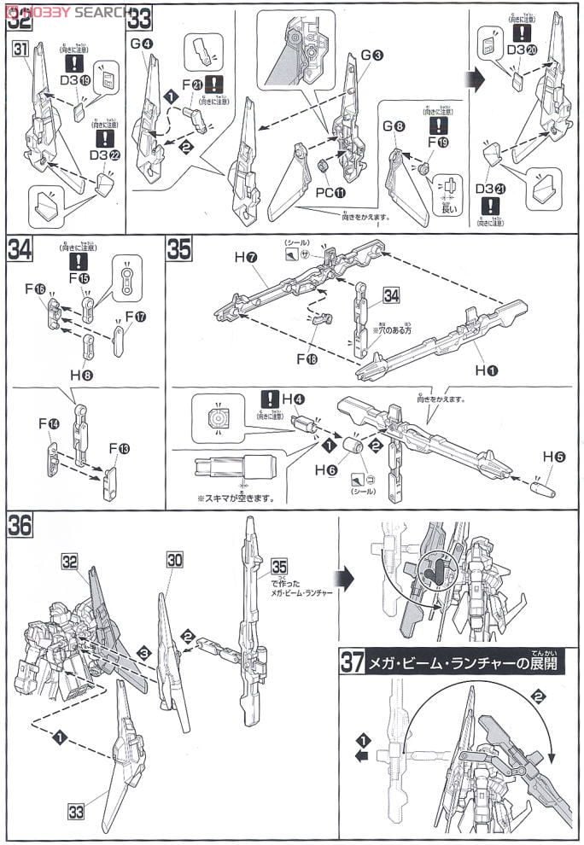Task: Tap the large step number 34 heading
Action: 20,250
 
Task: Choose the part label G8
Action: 393,127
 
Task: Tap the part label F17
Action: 136,317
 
